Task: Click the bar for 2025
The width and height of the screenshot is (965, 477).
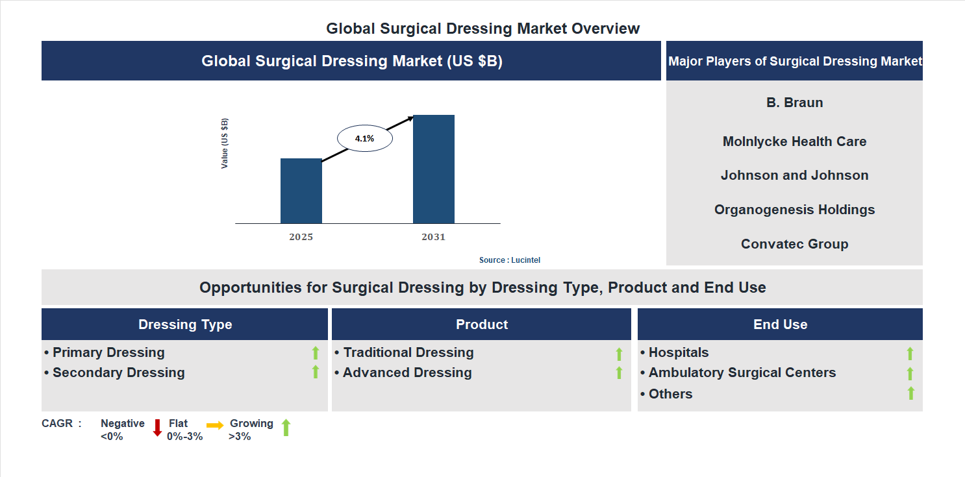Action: tap(301, 191)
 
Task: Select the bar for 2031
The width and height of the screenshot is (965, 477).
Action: tap(433, 169)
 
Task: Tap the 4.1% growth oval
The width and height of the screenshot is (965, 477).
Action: tap(364, 138)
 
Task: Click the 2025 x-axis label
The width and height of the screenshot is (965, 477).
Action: tap(301, 237)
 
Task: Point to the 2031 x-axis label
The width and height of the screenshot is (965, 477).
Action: tap(433, 237)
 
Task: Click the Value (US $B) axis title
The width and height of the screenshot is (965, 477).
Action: tap(225, 143)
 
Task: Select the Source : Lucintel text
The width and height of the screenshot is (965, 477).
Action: tap(509, 260)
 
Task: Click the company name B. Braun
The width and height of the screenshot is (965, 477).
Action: tap(794, 103)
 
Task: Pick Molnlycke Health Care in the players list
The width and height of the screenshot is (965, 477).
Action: tap(794, 141)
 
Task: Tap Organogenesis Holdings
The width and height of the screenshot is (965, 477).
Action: tap(794, 210)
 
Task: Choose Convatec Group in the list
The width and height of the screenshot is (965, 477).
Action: tap(794, 244)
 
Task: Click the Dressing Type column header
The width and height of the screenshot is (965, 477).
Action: tap(185, 324)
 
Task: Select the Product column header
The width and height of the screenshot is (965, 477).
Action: tap(481, 324)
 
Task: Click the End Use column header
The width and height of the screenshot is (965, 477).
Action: tap(780, 324)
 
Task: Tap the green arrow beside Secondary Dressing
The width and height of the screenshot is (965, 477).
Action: tap(316, 372)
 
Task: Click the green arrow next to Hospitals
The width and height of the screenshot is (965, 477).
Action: tap(910, 353)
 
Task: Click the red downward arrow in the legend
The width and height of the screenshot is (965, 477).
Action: tap(157, 428)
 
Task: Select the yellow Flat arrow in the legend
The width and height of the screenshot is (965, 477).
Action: tap(215, 425)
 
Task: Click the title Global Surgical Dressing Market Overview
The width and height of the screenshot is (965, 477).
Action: tap(482, 29)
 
